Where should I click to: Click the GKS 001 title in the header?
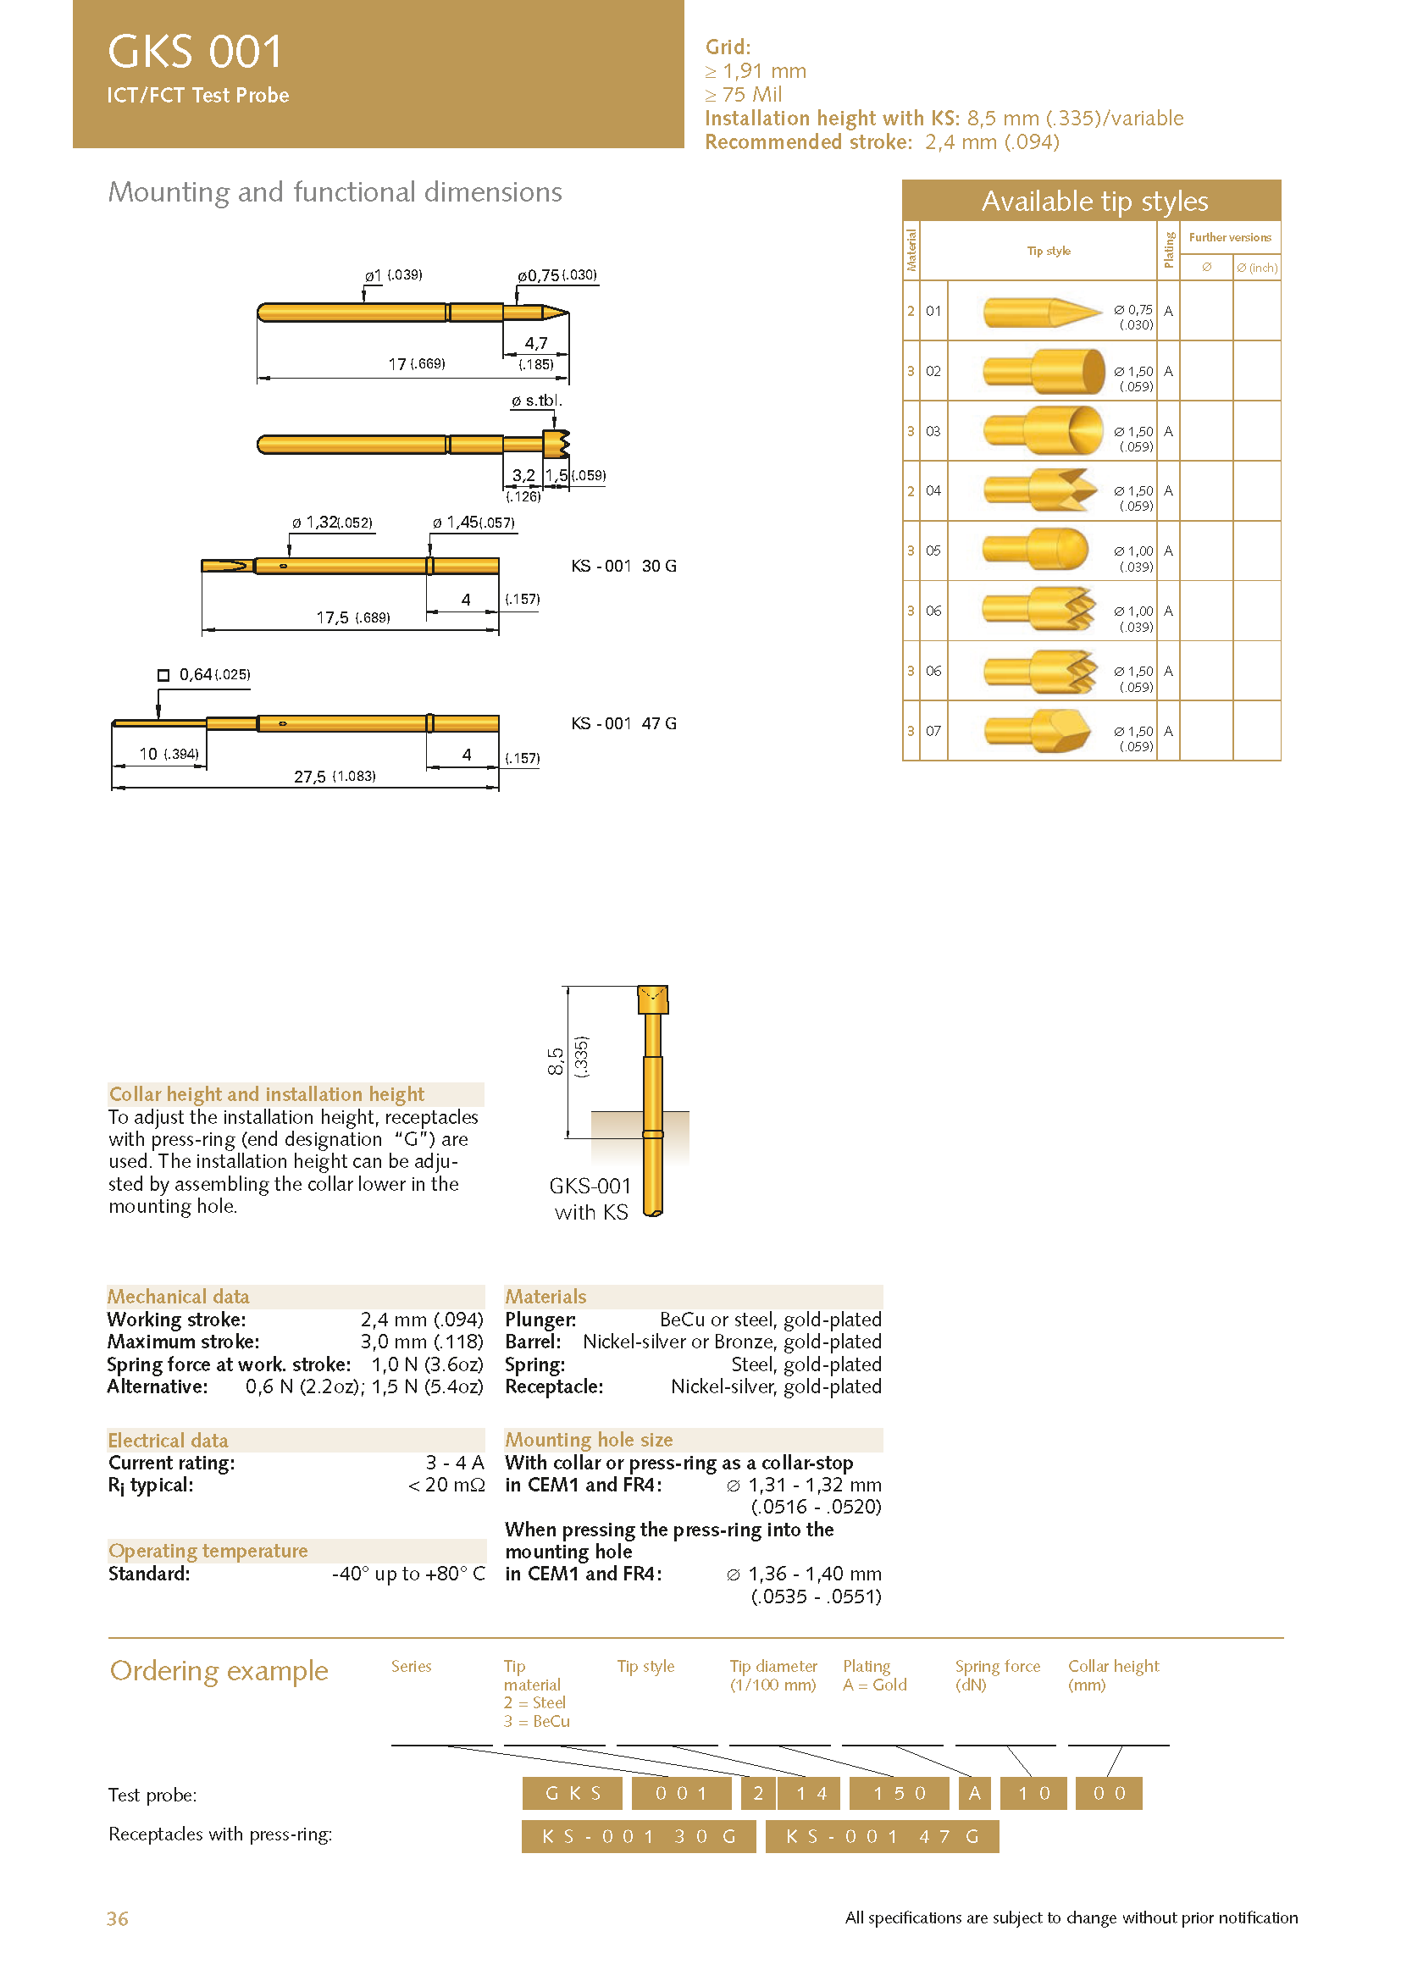pyautogui.click(x=195, y=52)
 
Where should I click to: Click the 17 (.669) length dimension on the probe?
pyautogui.click(x=416, y=364)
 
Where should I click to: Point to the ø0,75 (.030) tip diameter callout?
pyautogui.click(x=557, y=275)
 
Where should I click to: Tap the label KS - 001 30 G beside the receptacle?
pyautogui.click(x=623, y=566)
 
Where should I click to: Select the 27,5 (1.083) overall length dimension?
pyautogui.click(x=334, y=777)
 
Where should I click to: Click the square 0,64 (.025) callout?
pyautogui.click(x=204, y=675)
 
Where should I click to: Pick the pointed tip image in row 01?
pyautogui.click(x=1042, y=312)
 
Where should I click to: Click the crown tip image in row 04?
pyautogui.click(x=1040, y=491)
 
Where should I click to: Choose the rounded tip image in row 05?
pyautogui.click(x=1036, y=551)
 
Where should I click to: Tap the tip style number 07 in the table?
pyautogui.click(x=933, y=731)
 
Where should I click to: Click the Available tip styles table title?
pyautogui.click(x=1094, y=201)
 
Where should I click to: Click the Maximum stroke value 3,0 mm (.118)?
pyautogui.click(x=422, y=1342)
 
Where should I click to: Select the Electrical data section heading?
pyautogui.click(x=169, y=1440)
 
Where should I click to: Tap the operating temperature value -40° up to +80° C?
pyautogui.click(x=408, y=1574)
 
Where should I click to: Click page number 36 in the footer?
pyautogui.click(x=118, y=1918)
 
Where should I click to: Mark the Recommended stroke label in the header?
pyautogui.click(x=808, y=142)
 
